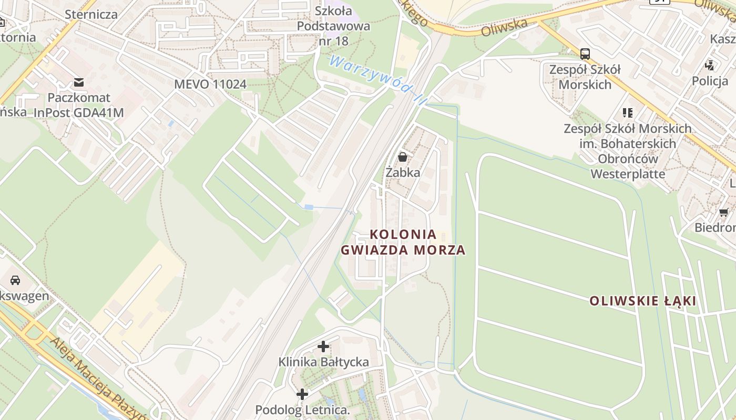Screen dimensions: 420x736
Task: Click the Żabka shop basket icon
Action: pos(403,156)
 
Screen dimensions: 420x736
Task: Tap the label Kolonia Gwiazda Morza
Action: pos(403,242)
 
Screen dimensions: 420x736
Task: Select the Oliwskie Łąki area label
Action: pos(642,301)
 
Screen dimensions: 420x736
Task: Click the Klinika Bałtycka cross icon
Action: pos(323,346)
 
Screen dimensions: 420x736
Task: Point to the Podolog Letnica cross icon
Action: pos(302,394)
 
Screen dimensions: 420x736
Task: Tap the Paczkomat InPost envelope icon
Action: pos(79,82)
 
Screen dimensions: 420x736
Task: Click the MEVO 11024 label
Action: pos(210,84)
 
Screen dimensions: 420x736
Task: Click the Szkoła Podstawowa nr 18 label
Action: pos(333,25)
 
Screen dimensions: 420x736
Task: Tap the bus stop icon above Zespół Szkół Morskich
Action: pos(585,54)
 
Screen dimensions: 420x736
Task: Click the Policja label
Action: pos(710,81)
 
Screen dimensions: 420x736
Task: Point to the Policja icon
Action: pos(710,66)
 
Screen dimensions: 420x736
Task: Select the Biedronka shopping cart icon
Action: pos(723,213)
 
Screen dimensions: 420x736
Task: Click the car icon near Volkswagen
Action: pos(15,280)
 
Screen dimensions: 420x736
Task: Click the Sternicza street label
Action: pos(91,14)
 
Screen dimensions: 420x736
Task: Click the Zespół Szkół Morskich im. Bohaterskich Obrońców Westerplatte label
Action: pos(628,151)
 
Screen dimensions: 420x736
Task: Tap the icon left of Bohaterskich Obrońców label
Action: pos(627,112)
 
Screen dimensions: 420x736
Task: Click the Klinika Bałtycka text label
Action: pos(323,362)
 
